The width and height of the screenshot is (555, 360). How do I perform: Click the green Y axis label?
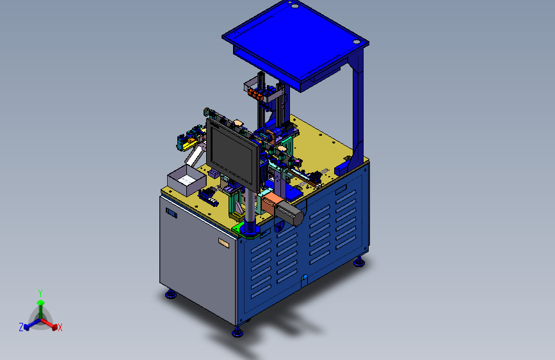point(40,293)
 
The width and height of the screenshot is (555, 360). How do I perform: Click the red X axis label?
point(60,327)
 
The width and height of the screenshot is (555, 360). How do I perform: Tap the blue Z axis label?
point(21,327)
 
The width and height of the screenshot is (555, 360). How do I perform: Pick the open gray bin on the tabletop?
point(186,180)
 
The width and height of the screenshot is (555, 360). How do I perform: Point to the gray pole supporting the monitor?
point(250,208)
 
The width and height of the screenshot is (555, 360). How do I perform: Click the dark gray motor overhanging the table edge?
point(293,212)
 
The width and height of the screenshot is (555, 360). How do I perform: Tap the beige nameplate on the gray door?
point(223,243)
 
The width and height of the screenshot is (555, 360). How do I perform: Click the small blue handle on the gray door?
point(172,213)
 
